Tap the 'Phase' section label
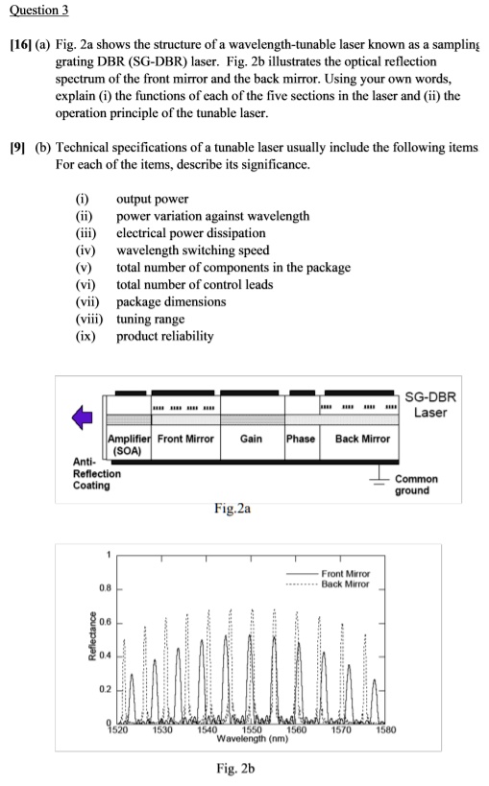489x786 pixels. coord(300,438)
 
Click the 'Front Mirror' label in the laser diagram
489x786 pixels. coord(185,438)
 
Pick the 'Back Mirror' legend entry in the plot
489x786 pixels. coord(347,584)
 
